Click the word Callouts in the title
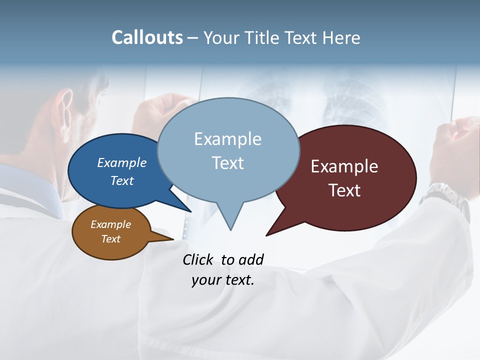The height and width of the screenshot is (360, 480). coord(147,37)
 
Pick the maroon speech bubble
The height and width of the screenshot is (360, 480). coord(350,177)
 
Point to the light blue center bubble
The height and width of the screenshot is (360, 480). coord(228,150)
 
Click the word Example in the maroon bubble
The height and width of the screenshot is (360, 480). coord(344,166)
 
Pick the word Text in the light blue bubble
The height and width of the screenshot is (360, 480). coord(228,163)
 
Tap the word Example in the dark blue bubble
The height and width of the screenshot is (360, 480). coord(122,162)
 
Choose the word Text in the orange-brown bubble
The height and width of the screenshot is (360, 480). coord(111,239)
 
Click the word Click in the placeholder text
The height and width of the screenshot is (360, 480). coord(198,259)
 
